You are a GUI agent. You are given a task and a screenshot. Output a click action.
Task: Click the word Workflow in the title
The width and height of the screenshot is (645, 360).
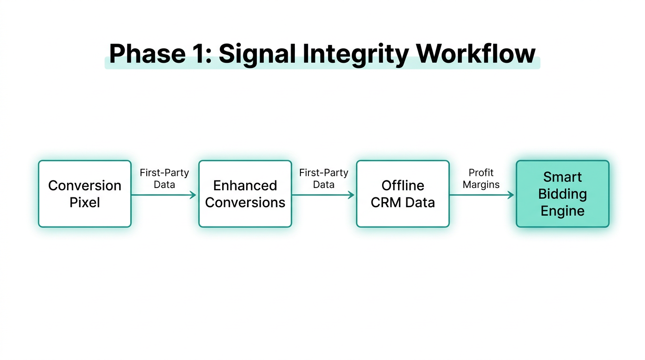476,53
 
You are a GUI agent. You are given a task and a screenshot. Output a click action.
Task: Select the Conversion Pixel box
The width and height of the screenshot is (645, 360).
84,194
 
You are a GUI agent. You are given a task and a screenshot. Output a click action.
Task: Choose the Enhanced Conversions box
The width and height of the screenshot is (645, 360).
245,194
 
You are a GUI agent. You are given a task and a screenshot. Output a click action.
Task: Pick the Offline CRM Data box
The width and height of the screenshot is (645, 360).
403,194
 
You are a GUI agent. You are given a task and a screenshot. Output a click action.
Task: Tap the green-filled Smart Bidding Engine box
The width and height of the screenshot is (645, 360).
562,194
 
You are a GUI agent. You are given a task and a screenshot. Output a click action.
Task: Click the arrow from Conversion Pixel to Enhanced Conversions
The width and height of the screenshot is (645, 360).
164,195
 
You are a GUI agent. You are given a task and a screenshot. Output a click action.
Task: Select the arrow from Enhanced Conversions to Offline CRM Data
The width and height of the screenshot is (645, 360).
323,195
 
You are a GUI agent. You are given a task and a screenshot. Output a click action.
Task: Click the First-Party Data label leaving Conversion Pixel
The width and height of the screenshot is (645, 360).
164,179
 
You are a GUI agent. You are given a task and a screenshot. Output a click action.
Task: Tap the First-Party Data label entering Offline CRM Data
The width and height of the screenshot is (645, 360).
323,179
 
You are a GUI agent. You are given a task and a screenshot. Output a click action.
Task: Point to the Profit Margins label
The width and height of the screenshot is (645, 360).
481,179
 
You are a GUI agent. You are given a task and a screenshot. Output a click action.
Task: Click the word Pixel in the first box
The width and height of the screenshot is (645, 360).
84,202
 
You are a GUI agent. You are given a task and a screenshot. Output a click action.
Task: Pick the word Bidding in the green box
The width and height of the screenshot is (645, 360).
562,194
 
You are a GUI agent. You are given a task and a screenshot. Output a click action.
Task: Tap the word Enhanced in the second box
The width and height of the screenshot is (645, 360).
245,186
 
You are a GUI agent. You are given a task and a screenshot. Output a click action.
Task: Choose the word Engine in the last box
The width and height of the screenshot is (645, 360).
562,211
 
